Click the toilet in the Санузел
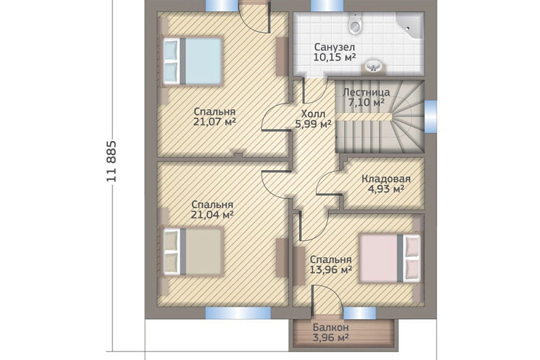[355, 23]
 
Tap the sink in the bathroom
[373, 67]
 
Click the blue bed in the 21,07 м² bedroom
[192, 61]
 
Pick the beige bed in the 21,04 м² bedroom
[192, 251]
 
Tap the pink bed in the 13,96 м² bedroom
[390, 259]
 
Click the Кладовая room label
[386, 179]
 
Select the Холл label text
[313, 114]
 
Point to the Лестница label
[367, 92]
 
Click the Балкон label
[331, 327]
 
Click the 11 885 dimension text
[112, 161]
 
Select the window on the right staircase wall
[431, 116]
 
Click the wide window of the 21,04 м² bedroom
[238, 313]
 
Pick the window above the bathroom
[327, 5]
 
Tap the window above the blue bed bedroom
[222, 5]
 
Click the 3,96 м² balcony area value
[331, 338]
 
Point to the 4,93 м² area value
[386, 189]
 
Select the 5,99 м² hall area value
[314, 124]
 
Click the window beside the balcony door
[359, 313]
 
